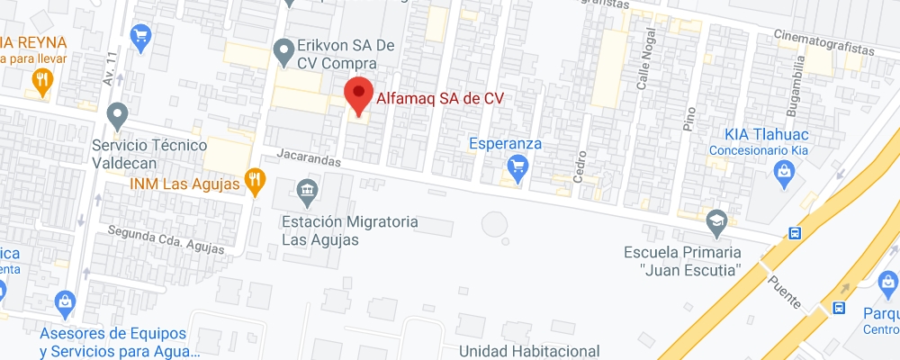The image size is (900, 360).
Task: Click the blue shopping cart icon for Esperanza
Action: [x=517, y=166]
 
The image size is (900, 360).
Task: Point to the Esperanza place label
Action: [x=505, y=143]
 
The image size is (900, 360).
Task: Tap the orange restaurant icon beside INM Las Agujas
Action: [x=256, y=183]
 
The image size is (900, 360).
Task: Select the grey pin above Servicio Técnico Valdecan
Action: [x=116, y=116]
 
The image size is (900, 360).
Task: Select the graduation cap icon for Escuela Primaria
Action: [x=716, y=220]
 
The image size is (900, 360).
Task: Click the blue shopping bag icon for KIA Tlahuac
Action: [x=784, y=171]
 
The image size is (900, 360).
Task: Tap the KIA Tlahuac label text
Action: [x=760, y=134]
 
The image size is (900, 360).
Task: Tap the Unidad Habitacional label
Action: [x=528, y=350]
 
